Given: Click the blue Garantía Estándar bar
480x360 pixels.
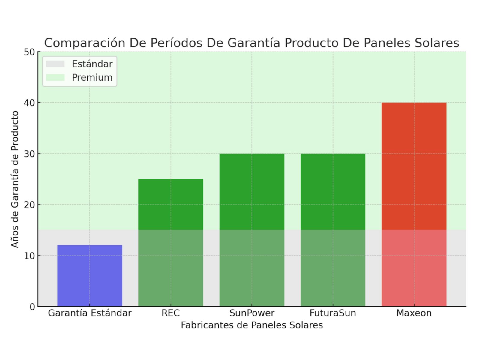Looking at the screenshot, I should click(90, 275).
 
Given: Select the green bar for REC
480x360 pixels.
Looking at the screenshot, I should click(171, 242).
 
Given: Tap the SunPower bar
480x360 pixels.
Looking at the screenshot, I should click(252, 230).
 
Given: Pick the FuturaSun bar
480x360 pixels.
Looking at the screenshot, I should click(333, 230).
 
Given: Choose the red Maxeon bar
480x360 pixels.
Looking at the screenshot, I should click(414, 204).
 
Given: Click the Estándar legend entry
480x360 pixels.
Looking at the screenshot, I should click(79, 64).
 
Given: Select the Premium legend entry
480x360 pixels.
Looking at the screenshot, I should click(79, 77).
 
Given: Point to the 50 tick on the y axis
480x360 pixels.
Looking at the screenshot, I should click(29, 52).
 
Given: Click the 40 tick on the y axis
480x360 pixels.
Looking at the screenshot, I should click(29, 103).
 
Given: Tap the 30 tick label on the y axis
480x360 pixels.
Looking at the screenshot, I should click(29, 154).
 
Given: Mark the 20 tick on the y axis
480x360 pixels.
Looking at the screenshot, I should click(29, 205).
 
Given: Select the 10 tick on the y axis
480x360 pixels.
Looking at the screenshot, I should click(29, 256).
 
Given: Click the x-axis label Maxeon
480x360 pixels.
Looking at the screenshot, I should click(414, 313).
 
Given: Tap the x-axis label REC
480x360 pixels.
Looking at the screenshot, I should click(171, 313).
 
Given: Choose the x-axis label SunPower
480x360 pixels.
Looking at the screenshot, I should click(252, 313).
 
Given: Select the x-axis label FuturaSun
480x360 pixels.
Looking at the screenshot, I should click(333, 313).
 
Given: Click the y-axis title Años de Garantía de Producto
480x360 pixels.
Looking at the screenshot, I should click(15, 179).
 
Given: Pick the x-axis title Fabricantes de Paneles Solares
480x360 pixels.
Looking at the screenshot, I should click(252, 325).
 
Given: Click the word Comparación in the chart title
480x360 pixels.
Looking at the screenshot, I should click(85, 43).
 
